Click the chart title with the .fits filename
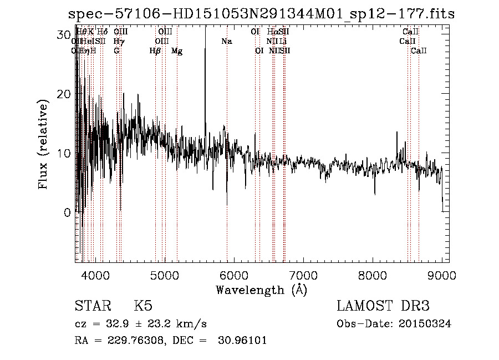[261, 14]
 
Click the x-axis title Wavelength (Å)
[261, 290]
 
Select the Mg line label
[177, 51]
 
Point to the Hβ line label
[155, 51]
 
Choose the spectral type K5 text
[143, 306]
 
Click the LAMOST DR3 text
[383, 306]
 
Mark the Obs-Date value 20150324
[427, 324]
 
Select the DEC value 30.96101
[243, 341]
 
